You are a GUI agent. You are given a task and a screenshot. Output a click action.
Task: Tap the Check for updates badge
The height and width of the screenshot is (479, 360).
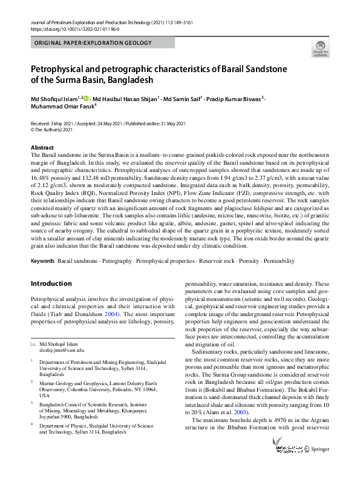tap(320, 48)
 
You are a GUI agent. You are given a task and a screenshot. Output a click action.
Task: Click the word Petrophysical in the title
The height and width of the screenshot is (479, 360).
tap(57, 69)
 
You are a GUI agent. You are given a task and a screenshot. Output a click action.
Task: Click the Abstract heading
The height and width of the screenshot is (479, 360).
tap(43, 148)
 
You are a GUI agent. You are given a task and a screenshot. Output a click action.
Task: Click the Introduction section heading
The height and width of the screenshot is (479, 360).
tap(51, 283)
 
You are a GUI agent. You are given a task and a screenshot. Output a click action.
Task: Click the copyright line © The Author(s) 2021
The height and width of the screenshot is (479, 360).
tap(52, 130)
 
